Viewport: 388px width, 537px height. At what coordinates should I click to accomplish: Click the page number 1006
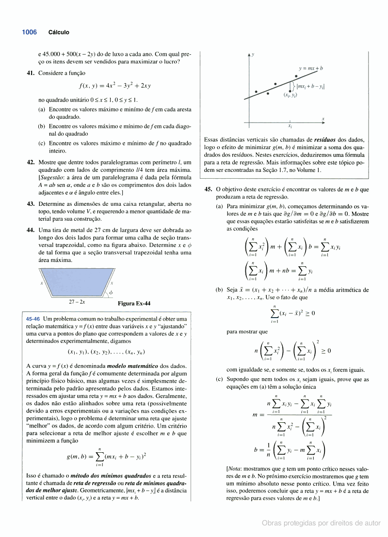click(29, 32)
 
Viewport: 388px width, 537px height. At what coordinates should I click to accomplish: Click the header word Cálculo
click(59, 32)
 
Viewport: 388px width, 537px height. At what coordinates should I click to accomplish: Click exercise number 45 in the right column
click(208, 190)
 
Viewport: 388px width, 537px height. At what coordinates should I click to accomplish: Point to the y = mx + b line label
click(311, 69)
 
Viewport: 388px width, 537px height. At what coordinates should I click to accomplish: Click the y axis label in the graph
click(253, 54)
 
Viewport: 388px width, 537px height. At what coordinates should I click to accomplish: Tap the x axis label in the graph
click(323, 119)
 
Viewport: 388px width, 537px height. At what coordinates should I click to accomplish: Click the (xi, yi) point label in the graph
click(291, 95)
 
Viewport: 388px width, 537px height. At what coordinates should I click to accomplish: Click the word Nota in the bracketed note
click(236, 469)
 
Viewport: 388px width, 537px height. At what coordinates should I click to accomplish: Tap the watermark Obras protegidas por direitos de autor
click(321, 523)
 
